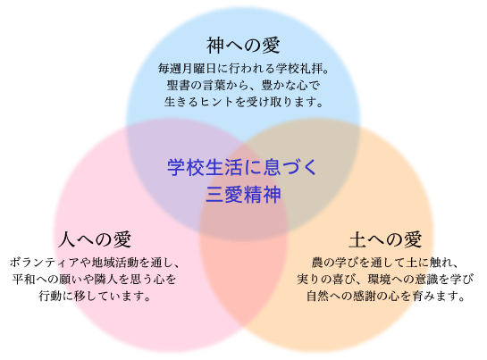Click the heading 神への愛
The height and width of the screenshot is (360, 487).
tap(243, 45)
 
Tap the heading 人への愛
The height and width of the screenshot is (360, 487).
tap(95, 239)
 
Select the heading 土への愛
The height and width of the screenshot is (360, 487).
tap(385, 239)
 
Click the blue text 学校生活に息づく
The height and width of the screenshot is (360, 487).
tap(242, 167)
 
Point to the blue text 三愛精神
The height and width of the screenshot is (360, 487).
tap(243, 195)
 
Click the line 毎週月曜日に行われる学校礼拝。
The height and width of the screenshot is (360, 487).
tap(243, 69)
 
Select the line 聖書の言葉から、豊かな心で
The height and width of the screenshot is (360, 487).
tap(243, 85)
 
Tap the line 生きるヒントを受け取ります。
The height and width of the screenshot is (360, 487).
tap(243, 102)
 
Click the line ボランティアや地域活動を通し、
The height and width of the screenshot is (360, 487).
tap(95, 263)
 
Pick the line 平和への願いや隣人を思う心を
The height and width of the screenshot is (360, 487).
tap(95, 280)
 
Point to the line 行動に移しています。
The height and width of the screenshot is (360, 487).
tap(95, 296)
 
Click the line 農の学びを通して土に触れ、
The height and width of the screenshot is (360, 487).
tap(385, 263)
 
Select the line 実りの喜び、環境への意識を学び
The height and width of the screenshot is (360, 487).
tap(385, 280)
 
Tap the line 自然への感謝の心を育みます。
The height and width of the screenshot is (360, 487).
tap(385, 296)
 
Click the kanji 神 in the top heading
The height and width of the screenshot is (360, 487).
tap(215, 45)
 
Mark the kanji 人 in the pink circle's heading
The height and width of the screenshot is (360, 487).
tap(67, 239)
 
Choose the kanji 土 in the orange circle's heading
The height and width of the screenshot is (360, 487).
tap(357, 239)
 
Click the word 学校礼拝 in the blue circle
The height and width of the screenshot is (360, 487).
tap(299, 69)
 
